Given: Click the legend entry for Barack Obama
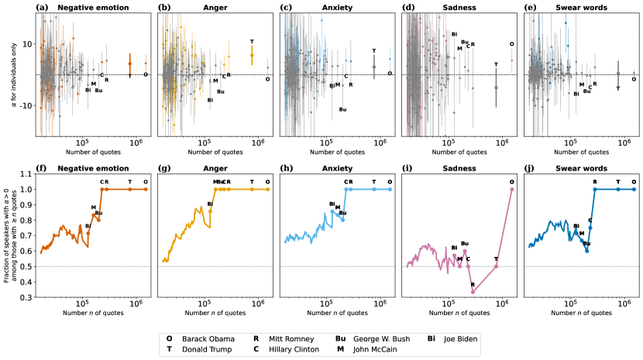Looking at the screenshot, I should [202, 339].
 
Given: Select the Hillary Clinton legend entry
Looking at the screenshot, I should [294, 349].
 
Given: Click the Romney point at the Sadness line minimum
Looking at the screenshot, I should [473, 292].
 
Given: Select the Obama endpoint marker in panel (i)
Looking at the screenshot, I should [512, 189].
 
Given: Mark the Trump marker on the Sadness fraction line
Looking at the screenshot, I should [497, 266].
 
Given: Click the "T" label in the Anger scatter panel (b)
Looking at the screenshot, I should [252, 42].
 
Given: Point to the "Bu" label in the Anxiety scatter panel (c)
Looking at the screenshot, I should [342, 109].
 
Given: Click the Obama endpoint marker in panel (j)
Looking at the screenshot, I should [634, 189].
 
